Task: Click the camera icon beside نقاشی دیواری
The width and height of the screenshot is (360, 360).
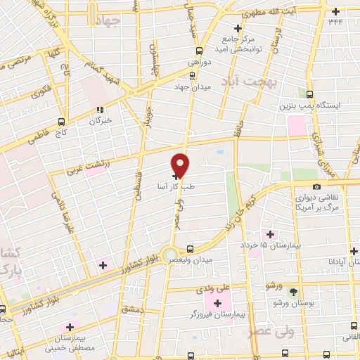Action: (x=317, y=186)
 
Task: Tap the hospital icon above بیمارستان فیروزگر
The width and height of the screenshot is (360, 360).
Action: (x=217, y=302)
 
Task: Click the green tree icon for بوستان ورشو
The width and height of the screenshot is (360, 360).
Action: (x=294, y=292)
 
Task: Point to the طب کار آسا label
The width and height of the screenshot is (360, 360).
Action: (x=157, y=188)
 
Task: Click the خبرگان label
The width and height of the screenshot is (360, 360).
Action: (x=99, y=120)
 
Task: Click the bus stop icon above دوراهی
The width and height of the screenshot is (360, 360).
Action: (x=200, y=51)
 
